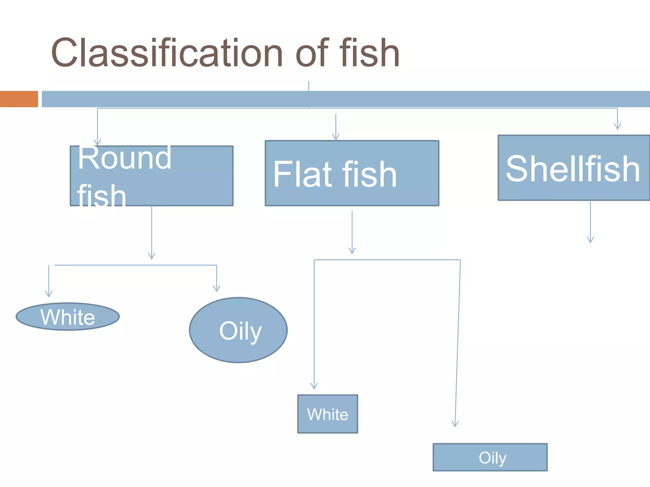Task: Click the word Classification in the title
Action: point(167,53)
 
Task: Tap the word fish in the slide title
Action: point(369,53)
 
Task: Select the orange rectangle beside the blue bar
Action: point(19,99)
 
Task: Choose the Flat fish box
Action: point(352,173)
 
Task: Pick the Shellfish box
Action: point(573,168)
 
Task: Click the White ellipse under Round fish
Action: point(68,317)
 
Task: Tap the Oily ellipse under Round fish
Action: point(238,330)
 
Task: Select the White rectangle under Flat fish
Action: point(328,414)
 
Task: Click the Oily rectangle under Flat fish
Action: point(490,457)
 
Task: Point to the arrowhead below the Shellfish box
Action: point(590,240)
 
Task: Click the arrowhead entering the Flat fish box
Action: point(336,137)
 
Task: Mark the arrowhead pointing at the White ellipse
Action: point(49,294)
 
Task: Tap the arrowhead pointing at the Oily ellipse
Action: point(217,289)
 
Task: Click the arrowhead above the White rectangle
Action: point(314,386)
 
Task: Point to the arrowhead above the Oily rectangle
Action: point(455,424)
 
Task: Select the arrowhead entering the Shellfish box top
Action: point(617,127)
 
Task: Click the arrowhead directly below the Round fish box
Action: point(152,256)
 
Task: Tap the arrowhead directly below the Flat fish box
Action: point(352,251)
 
